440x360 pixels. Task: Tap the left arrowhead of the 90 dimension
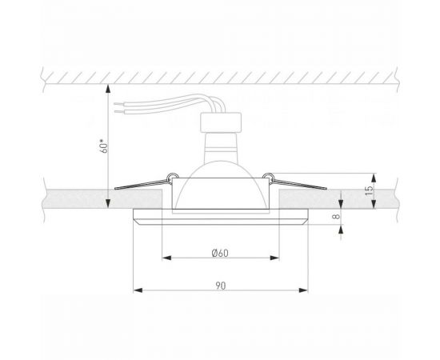click(x=136, y=289)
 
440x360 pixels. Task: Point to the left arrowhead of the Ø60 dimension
click(x=166, y=259)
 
